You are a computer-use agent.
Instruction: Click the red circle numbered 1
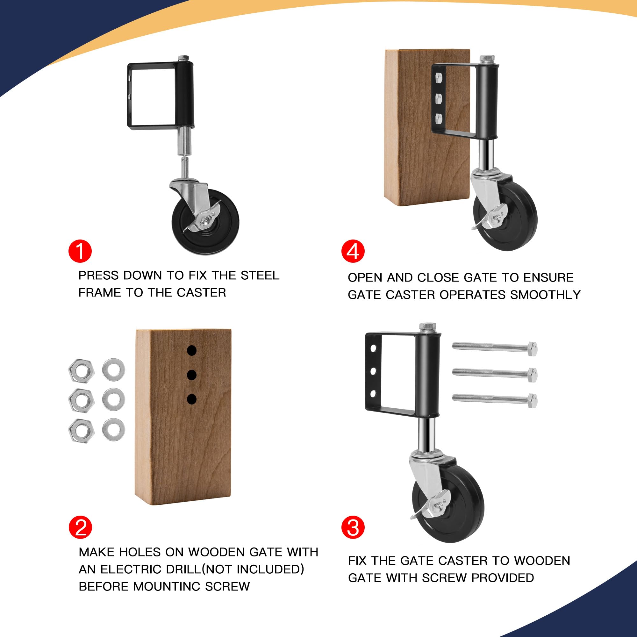80,251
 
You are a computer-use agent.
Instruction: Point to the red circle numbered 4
353,251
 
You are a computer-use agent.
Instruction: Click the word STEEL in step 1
260,275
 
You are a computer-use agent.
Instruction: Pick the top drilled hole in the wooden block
191,350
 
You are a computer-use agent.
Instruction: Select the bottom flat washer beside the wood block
113,429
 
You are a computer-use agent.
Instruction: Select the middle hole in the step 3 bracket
373,371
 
